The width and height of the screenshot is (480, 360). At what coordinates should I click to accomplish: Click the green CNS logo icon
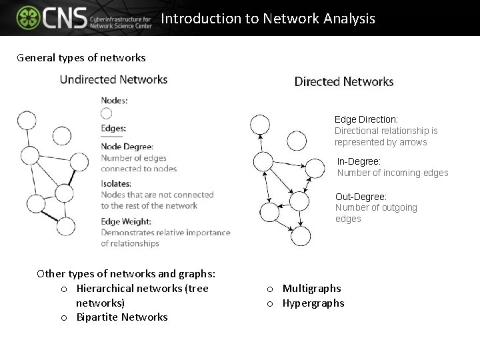pyautogui.click(x=28, y=18)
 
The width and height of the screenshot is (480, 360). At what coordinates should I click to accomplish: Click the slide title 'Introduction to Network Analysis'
pyautogui.click(x=268, y=19)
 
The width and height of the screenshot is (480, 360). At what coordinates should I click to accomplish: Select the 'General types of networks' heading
pyautogui.click(x=81, y=57)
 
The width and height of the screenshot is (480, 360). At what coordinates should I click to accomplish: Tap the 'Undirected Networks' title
pyautogui.click(x=113, y=79)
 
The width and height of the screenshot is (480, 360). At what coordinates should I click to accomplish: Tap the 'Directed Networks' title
pyautogui.click(x=344, y=82)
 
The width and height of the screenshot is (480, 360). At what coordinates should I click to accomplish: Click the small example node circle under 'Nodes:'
pyautogui.click(x=107, y=114)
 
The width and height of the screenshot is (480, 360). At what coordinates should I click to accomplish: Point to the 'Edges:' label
pyautogui.click(x=113, y=129)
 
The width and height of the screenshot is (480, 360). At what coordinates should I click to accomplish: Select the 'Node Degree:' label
pyautogui.click(x=127, y=147)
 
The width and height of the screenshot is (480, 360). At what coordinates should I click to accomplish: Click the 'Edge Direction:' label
pyautogui.click(x=366, y=119)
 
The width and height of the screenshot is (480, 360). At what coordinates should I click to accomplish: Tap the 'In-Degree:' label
pyautogui.click(x=359, y=161)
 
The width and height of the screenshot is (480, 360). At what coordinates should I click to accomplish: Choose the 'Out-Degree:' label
pyautogui.click(x=361, y=197)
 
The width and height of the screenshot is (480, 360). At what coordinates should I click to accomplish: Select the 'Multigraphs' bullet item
pyautogui.click(x=311, y=289)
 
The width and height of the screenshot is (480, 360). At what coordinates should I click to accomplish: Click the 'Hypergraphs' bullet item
pyautogui.click(x=313, y=303)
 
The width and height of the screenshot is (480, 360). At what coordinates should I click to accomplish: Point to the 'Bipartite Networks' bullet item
pyautogui.click(x=122, y=317)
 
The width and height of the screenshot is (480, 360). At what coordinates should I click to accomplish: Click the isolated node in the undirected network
pyautogui.click(x=62, y=136)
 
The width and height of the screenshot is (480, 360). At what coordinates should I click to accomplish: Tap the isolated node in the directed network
pyautogui.click(x=297, y=141)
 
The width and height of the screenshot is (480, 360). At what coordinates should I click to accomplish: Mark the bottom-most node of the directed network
pyautogui.click(x=301, y=235)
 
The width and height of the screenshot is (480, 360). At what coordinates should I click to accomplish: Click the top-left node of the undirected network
pyautogui.click(x=27, y=121)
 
